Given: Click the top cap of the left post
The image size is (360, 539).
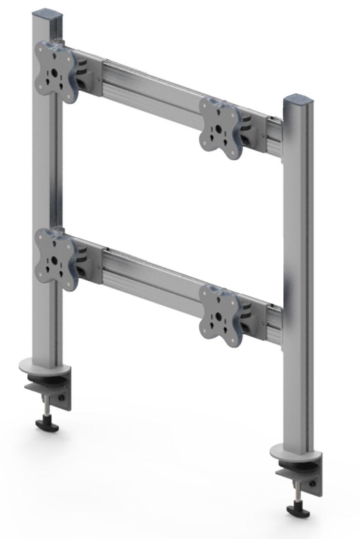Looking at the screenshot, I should click(x=48, y=15).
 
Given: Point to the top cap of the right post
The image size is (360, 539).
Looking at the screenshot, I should click(x=298, y=100).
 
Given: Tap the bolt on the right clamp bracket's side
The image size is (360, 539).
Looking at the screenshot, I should click(x=312, y=482).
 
